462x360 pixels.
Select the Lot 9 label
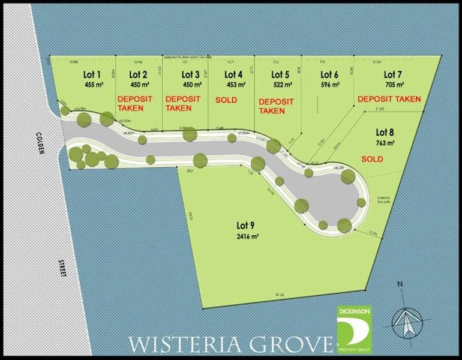pos(245,226)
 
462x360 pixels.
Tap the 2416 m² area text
pos(246,236)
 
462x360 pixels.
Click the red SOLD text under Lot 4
pos(226,100)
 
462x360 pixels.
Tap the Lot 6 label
pos(329,75)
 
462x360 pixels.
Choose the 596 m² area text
pos(329,85)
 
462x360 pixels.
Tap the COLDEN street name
pos(41,142)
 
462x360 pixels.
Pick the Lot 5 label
pos(280,75)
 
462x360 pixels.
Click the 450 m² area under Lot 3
pos(190,85)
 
